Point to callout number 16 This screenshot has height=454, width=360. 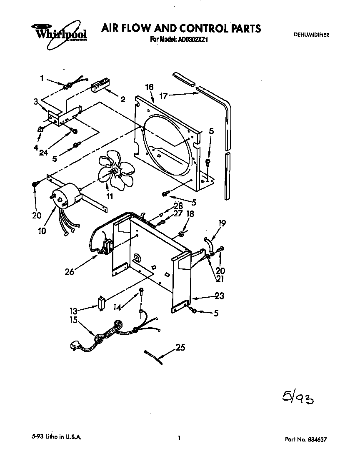pyautogui.click(x=149, y=87)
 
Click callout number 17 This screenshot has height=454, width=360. pyautogui.click(x=163, y=96)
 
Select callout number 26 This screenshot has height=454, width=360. pyautogui.click(x=70, y=272)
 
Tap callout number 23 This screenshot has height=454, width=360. pyautogui.click(x=219, y=296)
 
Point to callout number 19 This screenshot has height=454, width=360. pyautogui.click(x=222, y=223)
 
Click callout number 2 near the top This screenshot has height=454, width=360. pyautogui.click(x=123, y=99)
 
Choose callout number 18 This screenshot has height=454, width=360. pyautogui.click(x=190, y=214)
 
